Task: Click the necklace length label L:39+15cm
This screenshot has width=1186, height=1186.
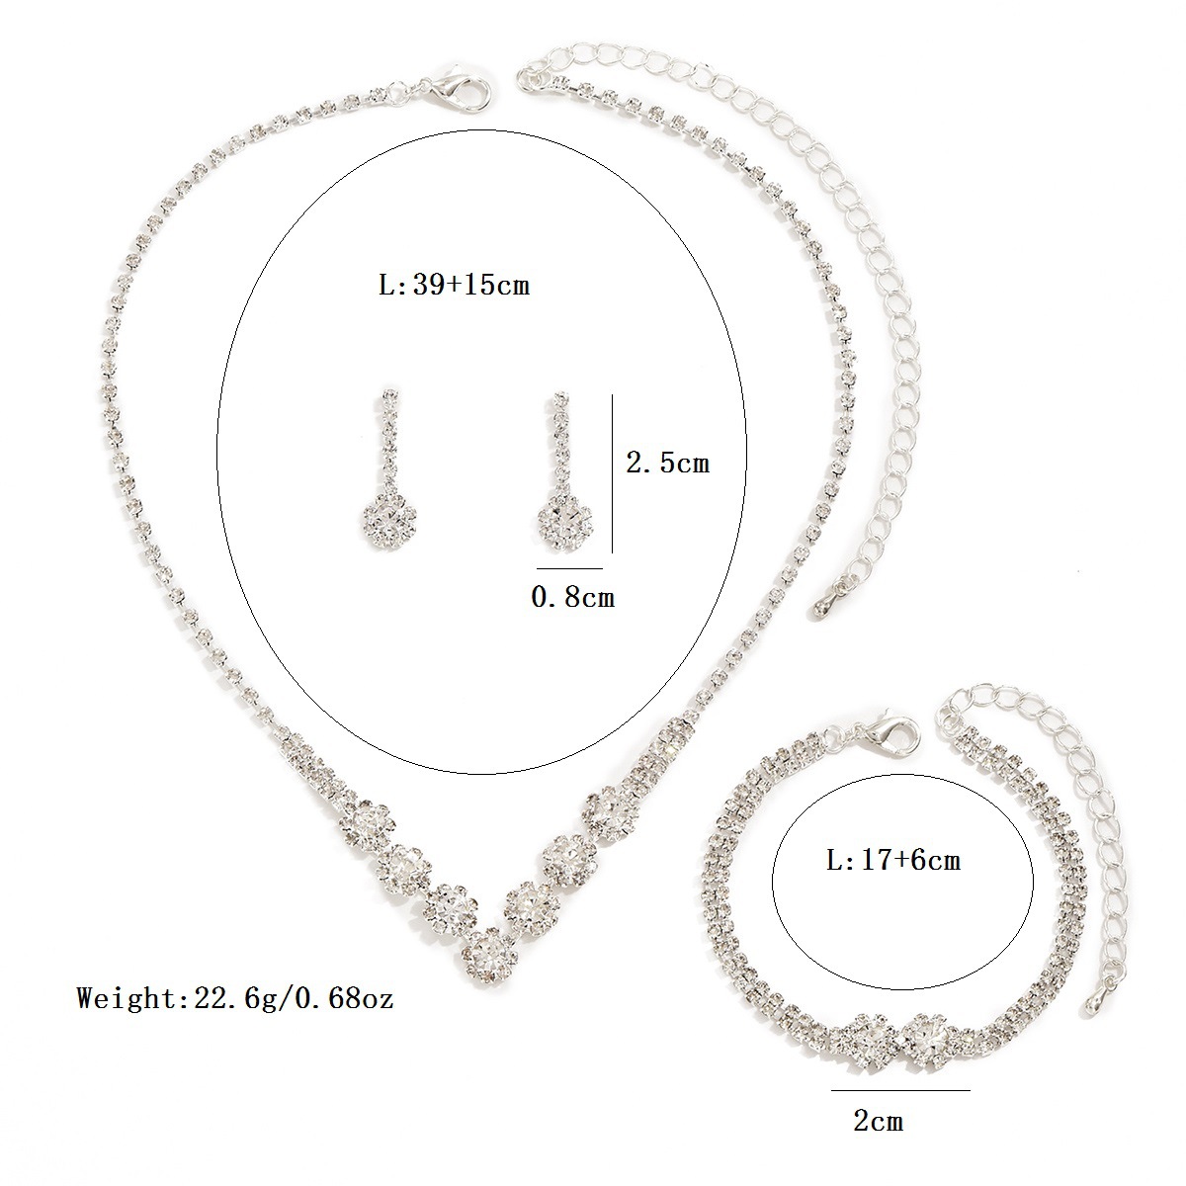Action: tap(454, 286)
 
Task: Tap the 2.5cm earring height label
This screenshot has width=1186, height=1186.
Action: tap(668, 463)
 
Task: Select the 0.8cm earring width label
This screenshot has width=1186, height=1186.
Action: tap(573, 596)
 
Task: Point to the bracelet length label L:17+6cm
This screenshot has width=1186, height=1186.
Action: tap(893, 860)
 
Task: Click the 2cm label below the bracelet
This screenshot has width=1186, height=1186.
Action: tap(879, 1104)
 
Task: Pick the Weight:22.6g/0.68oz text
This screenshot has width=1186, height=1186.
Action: tap(235, 998)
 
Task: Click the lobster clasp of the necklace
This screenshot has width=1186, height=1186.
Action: tap(461, 91)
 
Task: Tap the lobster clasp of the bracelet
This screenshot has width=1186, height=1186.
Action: tap(889, 734)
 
